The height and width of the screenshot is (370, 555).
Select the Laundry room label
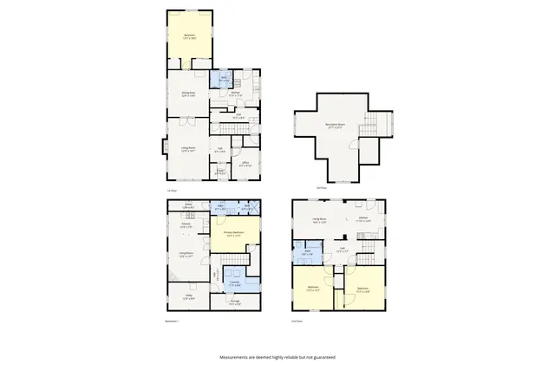pos(234,283)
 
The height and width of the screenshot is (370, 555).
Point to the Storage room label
pos(234,302)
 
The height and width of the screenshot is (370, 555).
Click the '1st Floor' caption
pos(172,190)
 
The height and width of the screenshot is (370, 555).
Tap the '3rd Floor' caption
pos(321,187)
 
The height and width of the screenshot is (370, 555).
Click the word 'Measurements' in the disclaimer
pos(235,357)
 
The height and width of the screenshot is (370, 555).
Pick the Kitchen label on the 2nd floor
pos(363,220)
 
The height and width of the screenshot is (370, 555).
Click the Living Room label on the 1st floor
pos(187,149)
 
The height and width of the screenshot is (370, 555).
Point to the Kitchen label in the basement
pos(186,225)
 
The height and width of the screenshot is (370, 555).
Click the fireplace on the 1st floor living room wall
pos(163,147)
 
